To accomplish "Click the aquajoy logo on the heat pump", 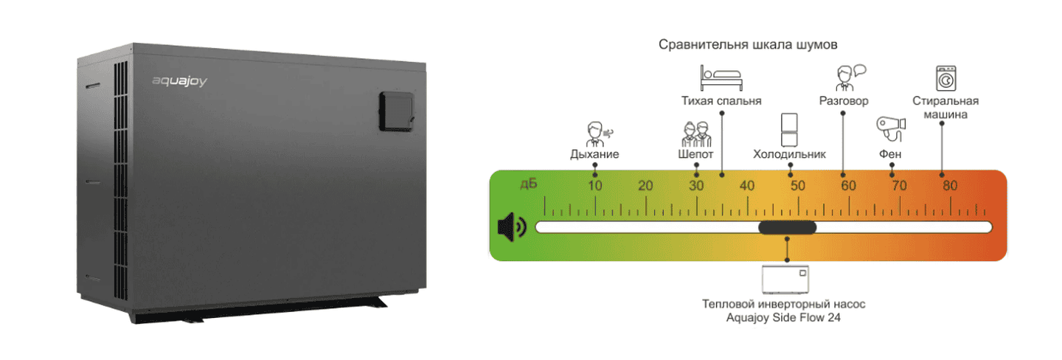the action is point(179,81).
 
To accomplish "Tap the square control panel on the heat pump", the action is point(397,111).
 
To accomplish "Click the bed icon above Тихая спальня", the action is point(721,77).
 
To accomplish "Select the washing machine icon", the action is point(945,78).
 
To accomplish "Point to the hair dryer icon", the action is point(891,129).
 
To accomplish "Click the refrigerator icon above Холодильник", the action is point(789,130).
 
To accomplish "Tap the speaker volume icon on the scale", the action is point(512,226).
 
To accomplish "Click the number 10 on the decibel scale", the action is point(595,185).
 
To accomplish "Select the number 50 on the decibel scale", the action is point(798,185).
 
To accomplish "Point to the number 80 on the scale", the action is point(950,185).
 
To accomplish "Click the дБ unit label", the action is point(529,184).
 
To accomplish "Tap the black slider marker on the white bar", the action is point(788,227).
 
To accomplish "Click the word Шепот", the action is point(695,154).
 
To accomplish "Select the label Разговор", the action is point(844,101).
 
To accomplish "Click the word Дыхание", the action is point(594,154).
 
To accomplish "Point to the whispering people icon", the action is point(696,134).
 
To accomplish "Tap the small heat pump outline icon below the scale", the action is point(785,280).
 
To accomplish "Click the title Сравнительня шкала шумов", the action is point(748,44).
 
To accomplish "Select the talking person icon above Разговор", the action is point(850,77).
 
